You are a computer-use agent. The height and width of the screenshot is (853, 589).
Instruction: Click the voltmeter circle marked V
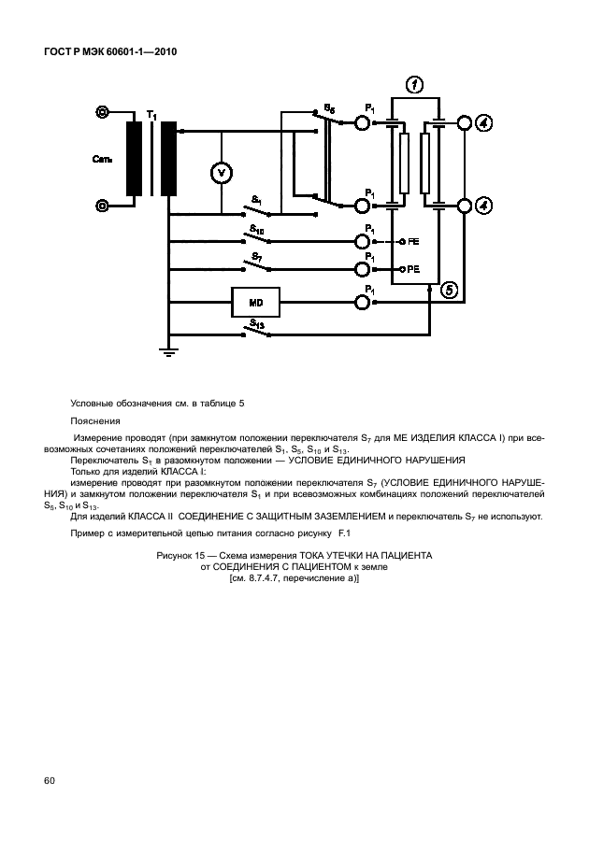click(222, 173)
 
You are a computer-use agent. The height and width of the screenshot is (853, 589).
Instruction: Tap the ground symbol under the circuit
click(168, 353)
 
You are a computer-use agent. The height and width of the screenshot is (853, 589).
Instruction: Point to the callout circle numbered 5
click(450, 291)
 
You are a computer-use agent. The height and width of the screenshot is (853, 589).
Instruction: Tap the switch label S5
click(329, 108)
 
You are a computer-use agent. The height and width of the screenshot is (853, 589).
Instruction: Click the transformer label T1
click(152, 115)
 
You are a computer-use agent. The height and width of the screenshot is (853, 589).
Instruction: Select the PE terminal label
click(413, 269)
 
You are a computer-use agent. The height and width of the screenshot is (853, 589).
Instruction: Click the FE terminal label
click(413, 242)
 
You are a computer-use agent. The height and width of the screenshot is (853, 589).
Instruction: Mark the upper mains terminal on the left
click(102, 113)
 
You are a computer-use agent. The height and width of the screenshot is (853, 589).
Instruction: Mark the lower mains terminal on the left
click(102, 205)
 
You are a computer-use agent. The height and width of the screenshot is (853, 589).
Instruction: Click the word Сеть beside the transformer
click(103, 160)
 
